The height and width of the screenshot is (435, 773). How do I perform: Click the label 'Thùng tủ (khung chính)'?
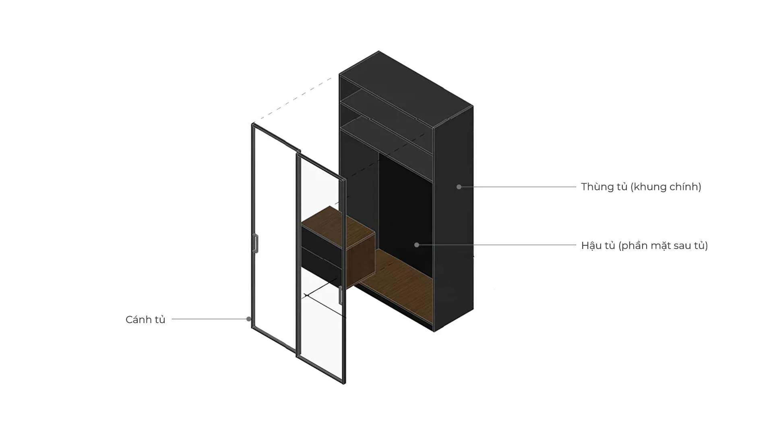[641, 187]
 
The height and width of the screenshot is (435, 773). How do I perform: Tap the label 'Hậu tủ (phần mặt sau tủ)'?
[645, 245]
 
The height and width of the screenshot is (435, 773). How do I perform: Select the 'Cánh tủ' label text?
[145, 319]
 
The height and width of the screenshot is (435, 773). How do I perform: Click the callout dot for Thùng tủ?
[459, 187]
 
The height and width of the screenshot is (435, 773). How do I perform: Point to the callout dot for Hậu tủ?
[417, 245]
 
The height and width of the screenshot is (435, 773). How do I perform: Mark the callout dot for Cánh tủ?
[249, 319]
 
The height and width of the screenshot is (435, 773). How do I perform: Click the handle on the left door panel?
[255, 243]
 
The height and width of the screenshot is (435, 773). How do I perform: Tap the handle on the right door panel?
[341, 295]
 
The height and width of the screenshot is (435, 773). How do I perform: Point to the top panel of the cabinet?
[406, 89]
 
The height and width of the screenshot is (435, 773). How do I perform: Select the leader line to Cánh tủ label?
[209, 319]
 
